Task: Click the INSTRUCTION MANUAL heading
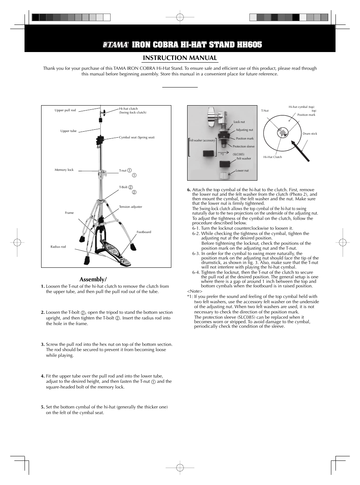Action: [180, 58]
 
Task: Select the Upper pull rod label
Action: [65, 110]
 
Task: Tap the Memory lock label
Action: [64, 170]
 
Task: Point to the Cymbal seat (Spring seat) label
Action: [137, 137]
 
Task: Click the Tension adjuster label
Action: [131, 207]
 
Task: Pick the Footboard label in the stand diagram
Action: [144, 232]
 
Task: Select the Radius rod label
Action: [58, 247]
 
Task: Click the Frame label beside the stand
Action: [69, 213]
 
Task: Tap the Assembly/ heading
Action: [93, 279]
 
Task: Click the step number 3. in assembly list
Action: [43, 344]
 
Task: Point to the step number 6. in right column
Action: [189, 190]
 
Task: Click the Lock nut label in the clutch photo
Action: [239, 122]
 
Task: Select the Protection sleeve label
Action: [243, 146]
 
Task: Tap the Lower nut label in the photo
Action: [242, 170]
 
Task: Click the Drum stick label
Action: [310, 134]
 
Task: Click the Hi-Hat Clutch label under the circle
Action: [272, 157]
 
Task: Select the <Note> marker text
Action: [195, 292]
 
